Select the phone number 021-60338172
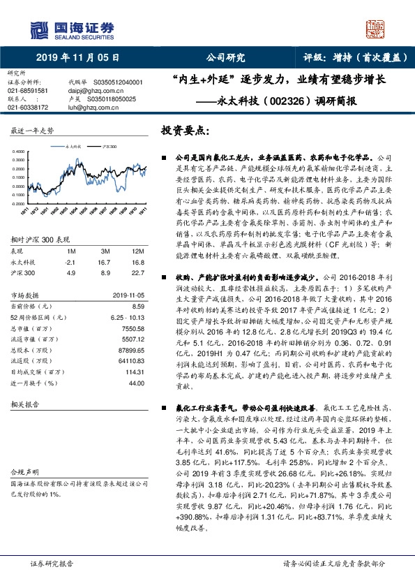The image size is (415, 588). (x=28, y=108)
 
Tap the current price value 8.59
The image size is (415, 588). (x=137, y=306)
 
